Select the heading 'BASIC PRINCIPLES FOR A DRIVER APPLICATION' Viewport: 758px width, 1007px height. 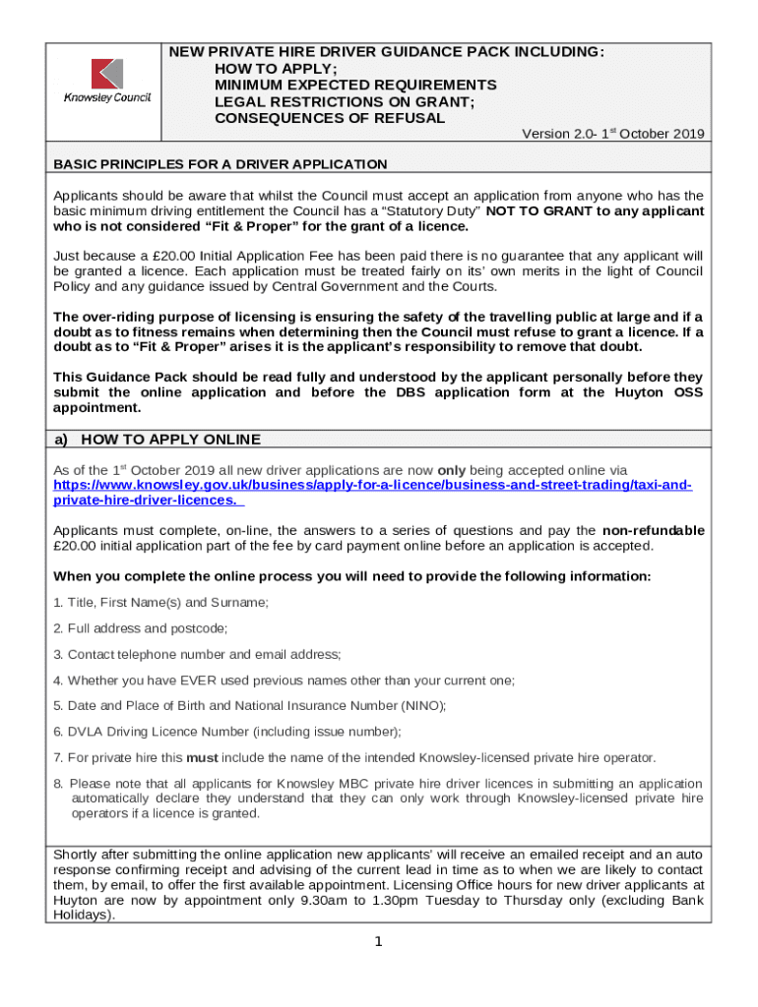pyautogui.click(x=220, y=164)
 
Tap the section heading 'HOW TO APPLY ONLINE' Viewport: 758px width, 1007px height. pyautogui.click(x=170, y=439)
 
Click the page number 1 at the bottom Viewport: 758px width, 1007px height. pyautogui.click(x=379, y=942)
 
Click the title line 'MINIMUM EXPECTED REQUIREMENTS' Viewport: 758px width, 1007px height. pyautogui.click(x=355, y=86)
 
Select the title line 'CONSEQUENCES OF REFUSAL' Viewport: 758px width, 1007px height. pyautogui.click(x=330, y=118)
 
